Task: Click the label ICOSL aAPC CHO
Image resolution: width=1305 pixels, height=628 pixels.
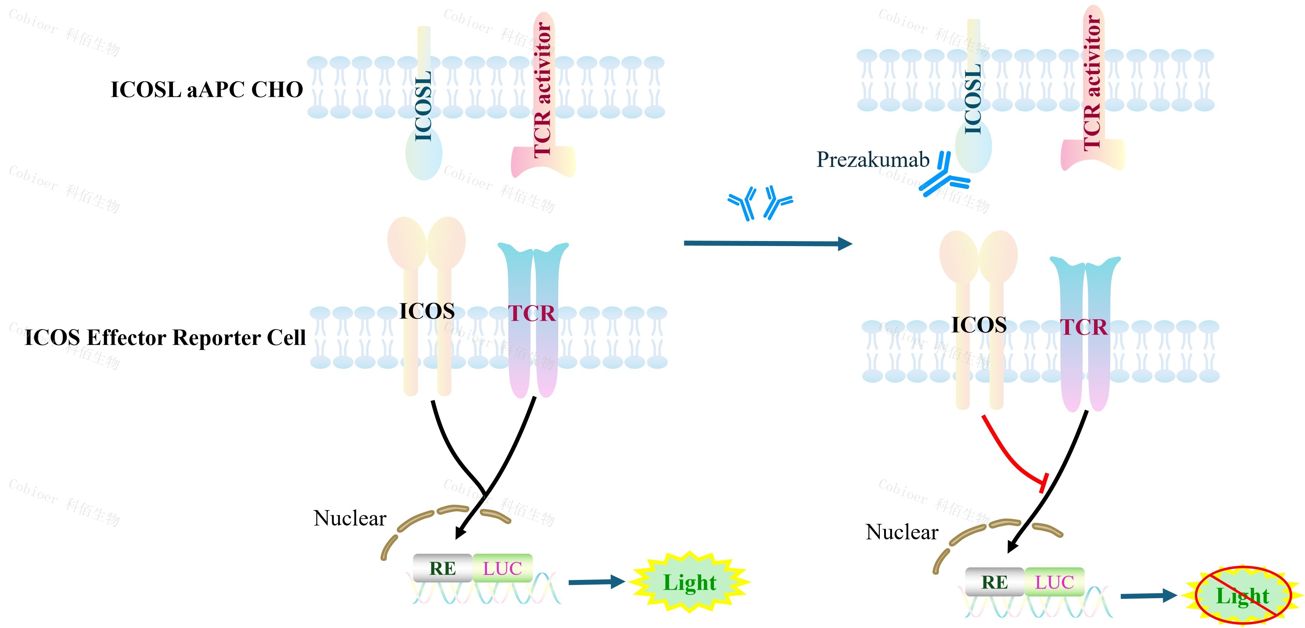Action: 207,90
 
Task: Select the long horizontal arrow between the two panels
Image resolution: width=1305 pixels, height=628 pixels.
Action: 767,244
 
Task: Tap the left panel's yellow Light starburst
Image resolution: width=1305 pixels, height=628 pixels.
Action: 690,582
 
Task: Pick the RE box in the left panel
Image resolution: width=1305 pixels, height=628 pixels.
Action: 443,568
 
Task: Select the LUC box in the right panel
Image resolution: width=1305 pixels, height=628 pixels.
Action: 1054,582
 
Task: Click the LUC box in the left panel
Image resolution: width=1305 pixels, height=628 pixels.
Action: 502,568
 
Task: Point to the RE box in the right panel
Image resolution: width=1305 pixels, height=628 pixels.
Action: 995,582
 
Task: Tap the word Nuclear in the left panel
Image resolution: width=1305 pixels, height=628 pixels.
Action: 349,519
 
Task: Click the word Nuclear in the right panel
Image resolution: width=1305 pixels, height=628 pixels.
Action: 902,532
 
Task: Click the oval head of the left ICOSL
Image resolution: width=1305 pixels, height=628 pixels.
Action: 423,155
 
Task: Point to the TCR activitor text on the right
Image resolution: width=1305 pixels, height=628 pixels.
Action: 1092,84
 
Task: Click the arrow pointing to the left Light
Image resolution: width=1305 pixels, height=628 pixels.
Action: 597,582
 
